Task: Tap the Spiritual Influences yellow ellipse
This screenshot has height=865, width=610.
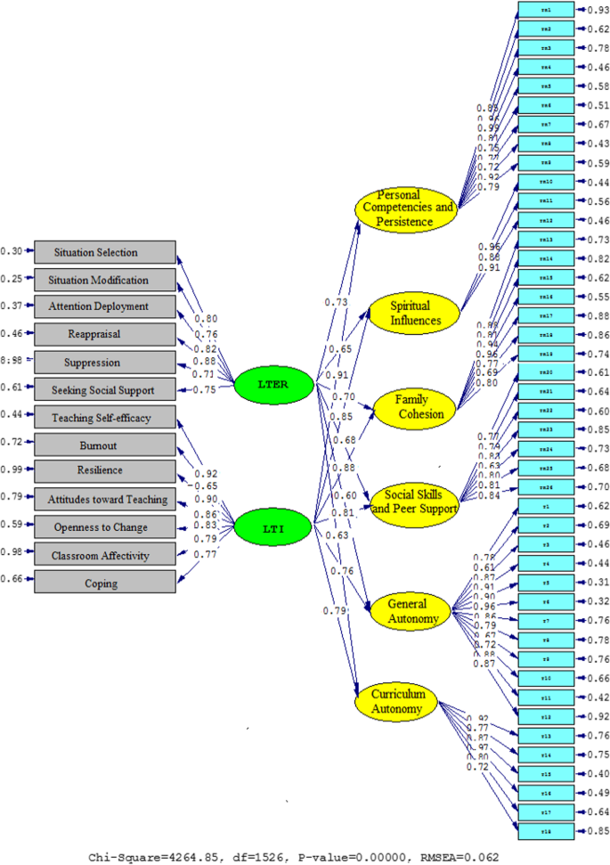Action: point(411,314)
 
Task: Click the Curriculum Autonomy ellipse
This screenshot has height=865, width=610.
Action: point(399,701)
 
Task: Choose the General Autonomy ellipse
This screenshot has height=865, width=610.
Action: point(407,609)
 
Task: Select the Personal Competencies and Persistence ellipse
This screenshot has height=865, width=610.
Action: point(405,208)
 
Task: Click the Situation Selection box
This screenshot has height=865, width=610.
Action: point(105,253)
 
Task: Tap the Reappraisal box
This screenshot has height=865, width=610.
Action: point(105,334)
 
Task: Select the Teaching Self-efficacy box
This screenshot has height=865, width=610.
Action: point(105,418)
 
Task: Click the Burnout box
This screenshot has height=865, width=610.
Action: point(105,445)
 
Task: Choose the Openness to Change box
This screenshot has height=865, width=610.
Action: point(105,527)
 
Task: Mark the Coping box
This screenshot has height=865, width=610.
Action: point(105,583)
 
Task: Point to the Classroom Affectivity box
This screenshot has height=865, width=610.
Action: point(105,556)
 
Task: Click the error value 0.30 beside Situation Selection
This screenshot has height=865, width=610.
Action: point(11,251)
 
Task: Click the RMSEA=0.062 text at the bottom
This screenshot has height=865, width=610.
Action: point(459,857)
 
